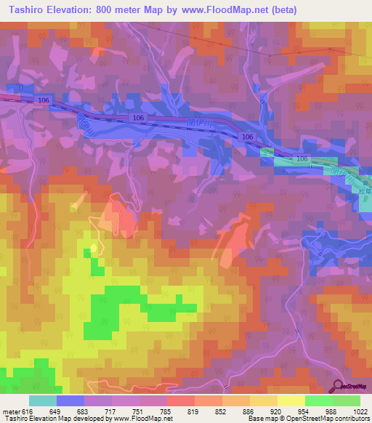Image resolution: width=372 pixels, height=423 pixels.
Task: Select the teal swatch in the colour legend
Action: click(x=43, y=400)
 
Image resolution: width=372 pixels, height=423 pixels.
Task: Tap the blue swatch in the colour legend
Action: click(x=70, y=400)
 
